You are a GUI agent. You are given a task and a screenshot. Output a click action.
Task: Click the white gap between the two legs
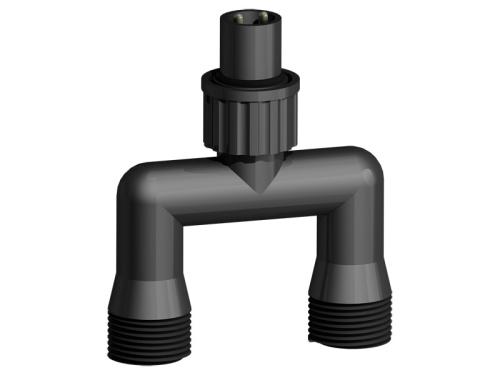(250, 290)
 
